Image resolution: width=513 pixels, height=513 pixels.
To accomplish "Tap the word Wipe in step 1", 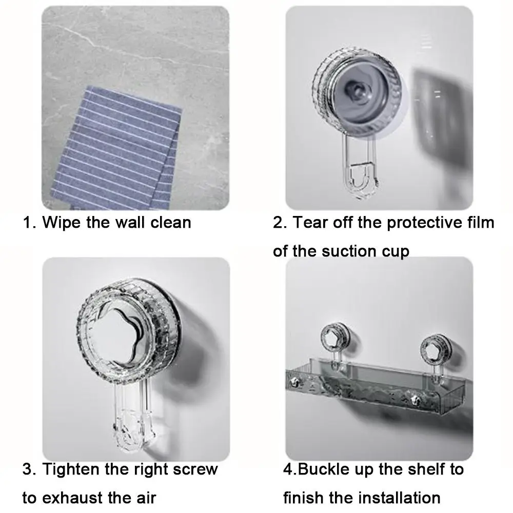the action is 62,223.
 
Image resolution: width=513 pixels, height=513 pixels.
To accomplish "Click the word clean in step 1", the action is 170,223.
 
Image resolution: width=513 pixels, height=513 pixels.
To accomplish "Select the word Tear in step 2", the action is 311,223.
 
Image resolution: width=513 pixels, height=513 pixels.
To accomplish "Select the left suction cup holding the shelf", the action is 336,338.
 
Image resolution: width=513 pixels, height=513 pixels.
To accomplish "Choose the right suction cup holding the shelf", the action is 436,349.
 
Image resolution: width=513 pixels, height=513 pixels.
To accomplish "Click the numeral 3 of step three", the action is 28,469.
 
